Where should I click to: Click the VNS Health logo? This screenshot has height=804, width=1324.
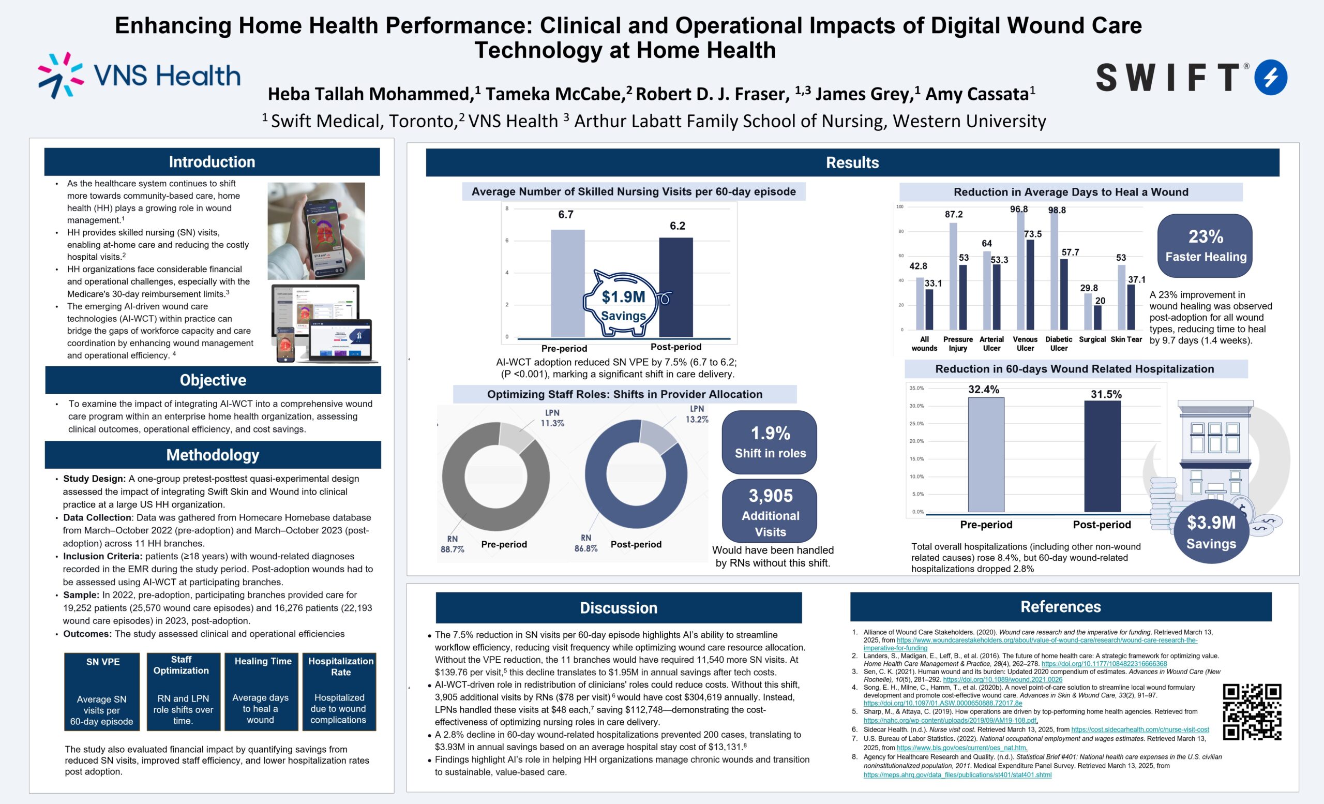[x=139, y=76]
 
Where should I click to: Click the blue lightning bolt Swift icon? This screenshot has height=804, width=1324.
[x=1271, y=78]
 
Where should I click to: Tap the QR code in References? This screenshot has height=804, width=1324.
[x=1252, y=712]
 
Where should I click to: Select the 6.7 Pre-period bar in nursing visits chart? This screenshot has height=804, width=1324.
[x=567, y=283]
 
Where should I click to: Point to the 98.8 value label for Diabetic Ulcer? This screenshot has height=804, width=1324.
[x=1057, y=210]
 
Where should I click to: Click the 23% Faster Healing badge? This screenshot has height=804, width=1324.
[x=1205, y=246]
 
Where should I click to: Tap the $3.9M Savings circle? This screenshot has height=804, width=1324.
[x=1211, y=531]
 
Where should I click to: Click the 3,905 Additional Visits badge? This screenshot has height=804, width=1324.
[x=770, y=512]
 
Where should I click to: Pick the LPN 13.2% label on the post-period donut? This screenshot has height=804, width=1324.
[x=697, y=414]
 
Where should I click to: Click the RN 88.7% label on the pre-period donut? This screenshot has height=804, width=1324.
[x=453, y=544]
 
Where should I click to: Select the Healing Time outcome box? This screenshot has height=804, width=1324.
[x=262, y=691]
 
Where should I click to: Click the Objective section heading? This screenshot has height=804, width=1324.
[x=213, y=380]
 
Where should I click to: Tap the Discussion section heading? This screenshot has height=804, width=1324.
[x=619, y=608]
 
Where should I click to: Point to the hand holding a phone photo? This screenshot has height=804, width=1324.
[x=316, y=231]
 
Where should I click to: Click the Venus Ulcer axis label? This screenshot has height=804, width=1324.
[x=1025, y=344]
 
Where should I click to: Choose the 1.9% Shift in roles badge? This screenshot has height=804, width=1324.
[x=770, y=442]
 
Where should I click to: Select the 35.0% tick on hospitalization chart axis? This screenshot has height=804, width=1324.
[x=916, y=388]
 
